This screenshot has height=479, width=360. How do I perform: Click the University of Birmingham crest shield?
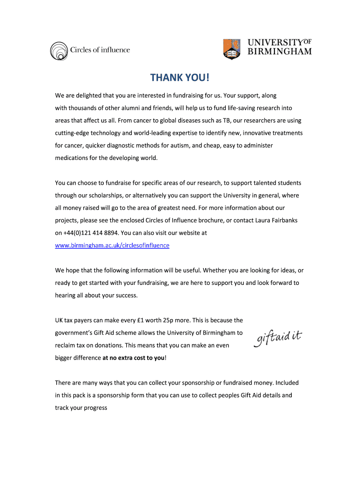232,49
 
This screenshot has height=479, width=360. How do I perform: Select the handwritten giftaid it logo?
278,338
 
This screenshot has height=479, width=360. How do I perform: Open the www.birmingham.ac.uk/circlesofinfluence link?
112,245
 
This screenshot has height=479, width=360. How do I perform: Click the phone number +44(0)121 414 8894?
91,232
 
